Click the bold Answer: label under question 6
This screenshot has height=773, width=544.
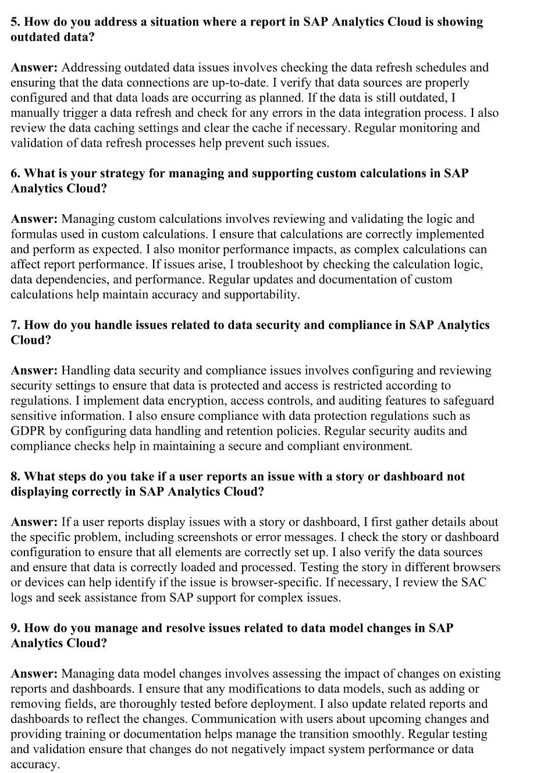coord(34,219)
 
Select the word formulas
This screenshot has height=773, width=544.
coord(33,234)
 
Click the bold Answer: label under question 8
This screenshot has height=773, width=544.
coord(34,522)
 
